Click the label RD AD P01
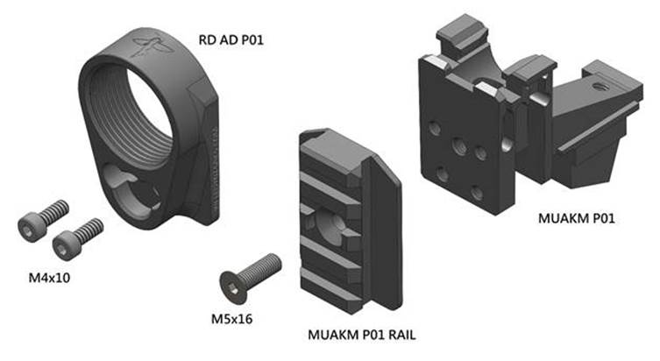tap(231, 41)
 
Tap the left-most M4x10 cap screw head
tap(31, 226)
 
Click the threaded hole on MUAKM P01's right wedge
tap(600, 88)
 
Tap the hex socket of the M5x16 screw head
tap(229, 284)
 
